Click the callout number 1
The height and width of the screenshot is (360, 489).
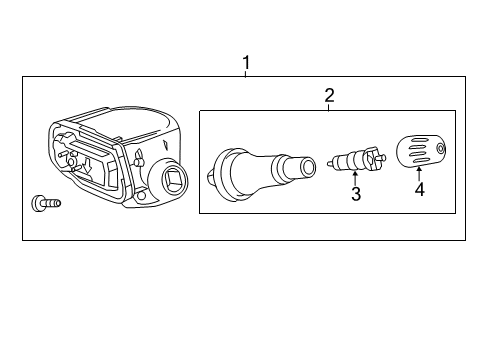pos(246,63)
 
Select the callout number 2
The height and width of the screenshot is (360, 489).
pos(328,96)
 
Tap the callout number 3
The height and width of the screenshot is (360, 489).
pos(355,194)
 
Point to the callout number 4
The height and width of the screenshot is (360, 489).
pos(419,189)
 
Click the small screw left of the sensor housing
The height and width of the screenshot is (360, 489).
pos(48,203)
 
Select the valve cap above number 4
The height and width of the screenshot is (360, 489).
pos(420,153)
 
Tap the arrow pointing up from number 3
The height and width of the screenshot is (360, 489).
pos(355,178)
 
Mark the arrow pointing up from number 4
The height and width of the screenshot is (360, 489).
pos(419,174)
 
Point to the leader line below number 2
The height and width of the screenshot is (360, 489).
pos(328,106)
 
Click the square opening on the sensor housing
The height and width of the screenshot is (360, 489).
pos(166,182)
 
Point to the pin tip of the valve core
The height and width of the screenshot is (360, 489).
pos(384,157)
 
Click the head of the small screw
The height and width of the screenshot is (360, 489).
pos(39,203)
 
